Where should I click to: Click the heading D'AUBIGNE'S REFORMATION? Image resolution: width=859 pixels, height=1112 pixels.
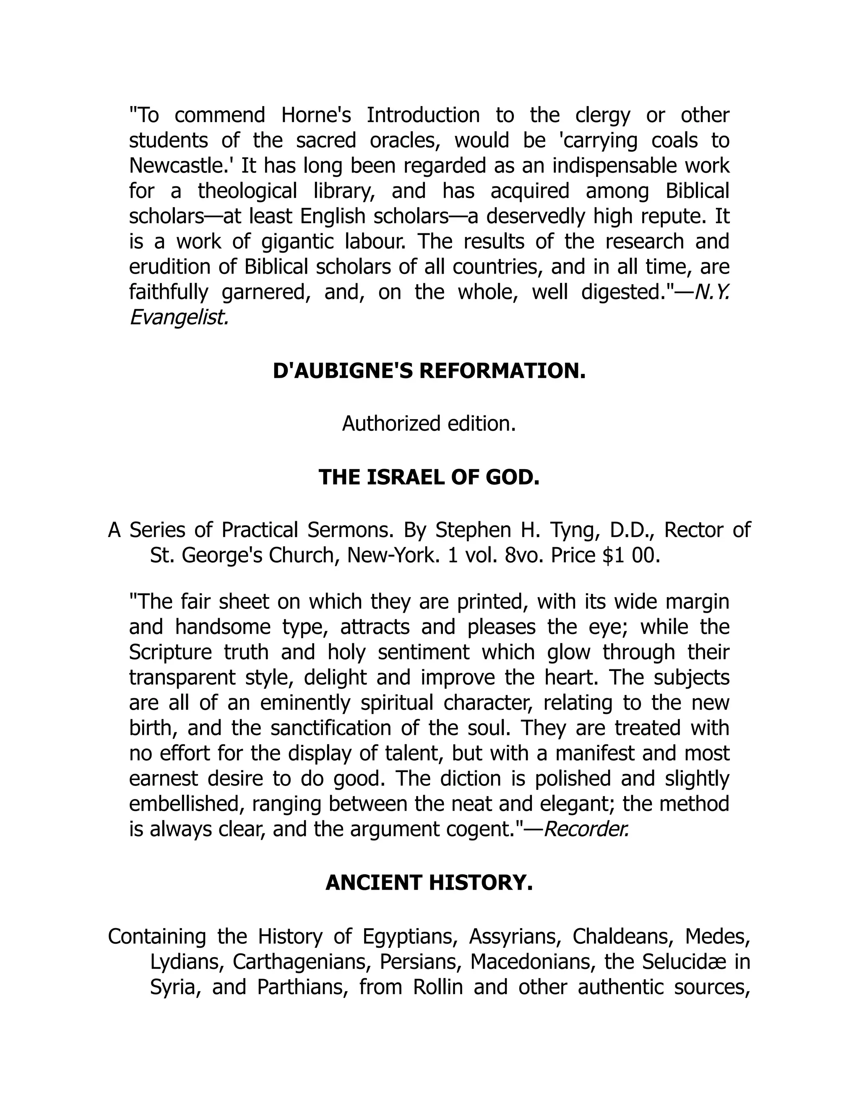point(429,371)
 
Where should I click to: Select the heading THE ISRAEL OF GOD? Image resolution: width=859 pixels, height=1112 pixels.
point(429,477)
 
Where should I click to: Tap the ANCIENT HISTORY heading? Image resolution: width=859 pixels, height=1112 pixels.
point(429,882)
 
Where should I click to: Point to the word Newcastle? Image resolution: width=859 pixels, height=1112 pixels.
point(181,165)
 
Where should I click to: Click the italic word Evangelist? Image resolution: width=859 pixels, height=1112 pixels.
point(178,318)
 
